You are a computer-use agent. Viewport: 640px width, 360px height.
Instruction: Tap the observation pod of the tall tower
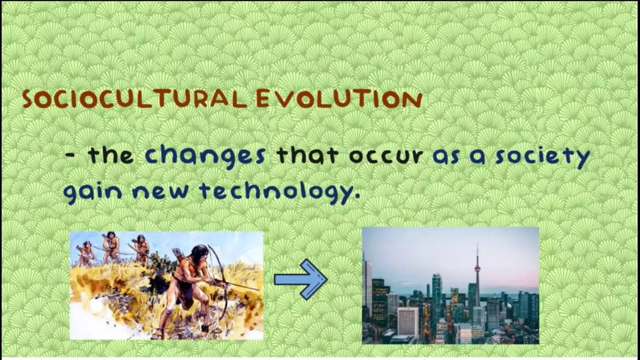477,268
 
